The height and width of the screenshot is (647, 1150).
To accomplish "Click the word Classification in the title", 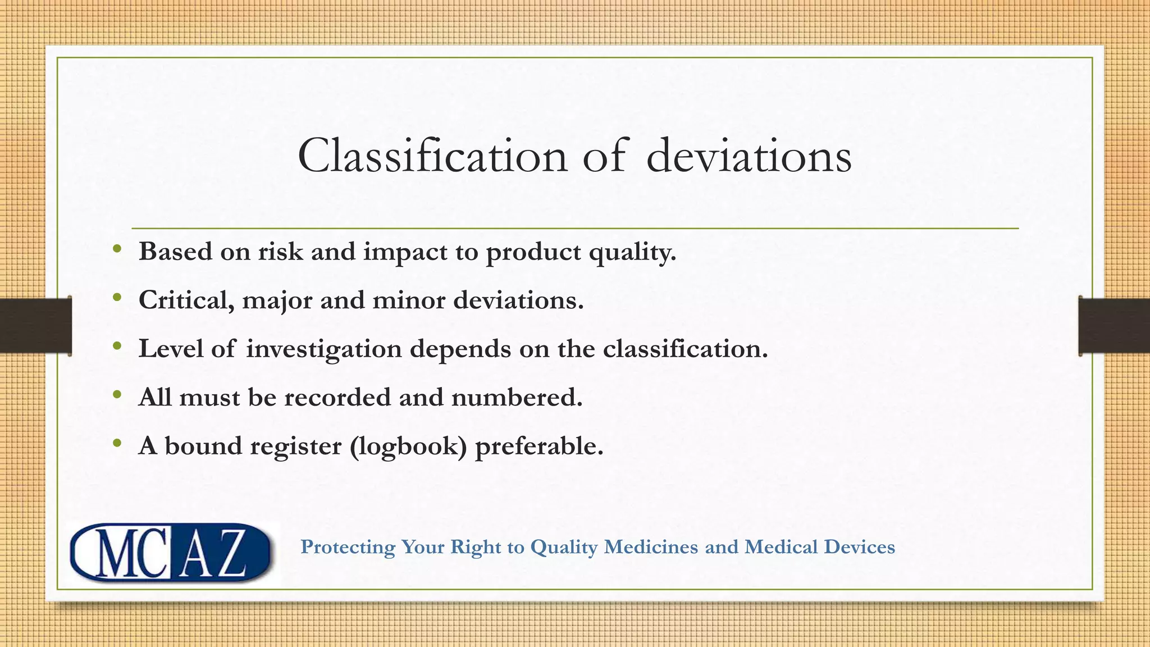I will pos(432,156).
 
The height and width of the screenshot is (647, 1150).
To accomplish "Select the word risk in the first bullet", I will pos(280,251).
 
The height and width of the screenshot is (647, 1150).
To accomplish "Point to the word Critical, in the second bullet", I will pos(186,300).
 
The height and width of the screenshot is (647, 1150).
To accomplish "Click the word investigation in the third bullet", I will pos(323,349).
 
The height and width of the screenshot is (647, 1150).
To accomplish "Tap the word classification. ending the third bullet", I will pos(685,349).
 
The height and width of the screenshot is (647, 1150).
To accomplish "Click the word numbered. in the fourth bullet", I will pos(517,398).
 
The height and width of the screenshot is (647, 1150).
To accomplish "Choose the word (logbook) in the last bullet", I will pos(408,446).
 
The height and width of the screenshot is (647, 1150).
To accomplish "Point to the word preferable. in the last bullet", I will pos(539,446).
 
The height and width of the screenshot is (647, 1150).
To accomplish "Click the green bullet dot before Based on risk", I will pos(117,249).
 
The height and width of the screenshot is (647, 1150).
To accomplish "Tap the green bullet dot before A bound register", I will pos(117,444).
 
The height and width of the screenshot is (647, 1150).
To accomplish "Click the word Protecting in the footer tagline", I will pos(348,547).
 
